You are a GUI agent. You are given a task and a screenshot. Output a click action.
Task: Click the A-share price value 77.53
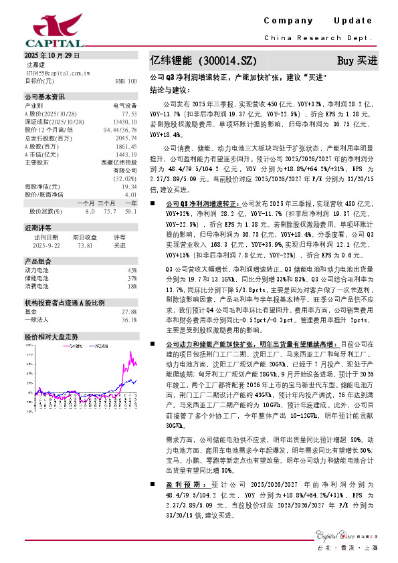pyautogui.click(x=129, y=114)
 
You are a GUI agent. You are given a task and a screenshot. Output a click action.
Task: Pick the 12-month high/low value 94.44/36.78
pyautogui.click(x=120, y=130)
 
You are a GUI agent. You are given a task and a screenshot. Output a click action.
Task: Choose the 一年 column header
pyautogui.click(x=130, y=203)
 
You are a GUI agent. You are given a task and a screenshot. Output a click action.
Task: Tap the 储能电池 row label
pyautogui.click(x=36, y=277)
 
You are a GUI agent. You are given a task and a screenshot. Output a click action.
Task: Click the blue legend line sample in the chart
pyautogui.click(x=69, y=347)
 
